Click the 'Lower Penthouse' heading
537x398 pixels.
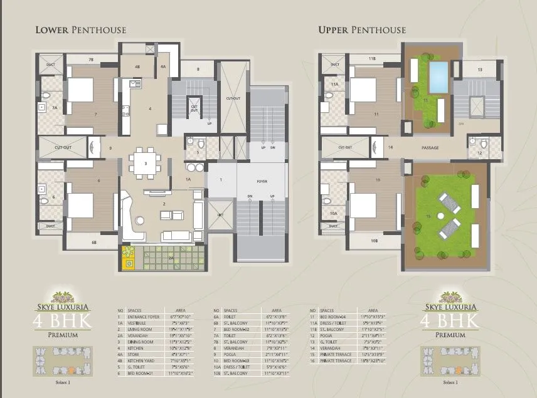(80, 30)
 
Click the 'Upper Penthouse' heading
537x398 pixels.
(361, 30)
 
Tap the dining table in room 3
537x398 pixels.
(146, 163)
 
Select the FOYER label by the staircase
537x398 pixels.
(262, 182)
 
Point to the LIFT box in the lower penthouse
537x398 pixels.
(220, 215)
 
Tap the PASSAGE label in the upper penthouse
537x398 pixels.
(430, 147)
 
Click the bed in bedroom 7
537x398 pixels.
(80, 90)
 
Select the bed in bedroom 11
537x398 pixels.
(362, 90)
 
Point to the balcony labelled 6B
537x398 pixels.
(94, 242)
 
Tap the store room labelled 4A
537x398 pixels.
(163, 66)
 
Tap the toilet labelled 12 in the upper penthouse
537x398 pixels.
(479, 152)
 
